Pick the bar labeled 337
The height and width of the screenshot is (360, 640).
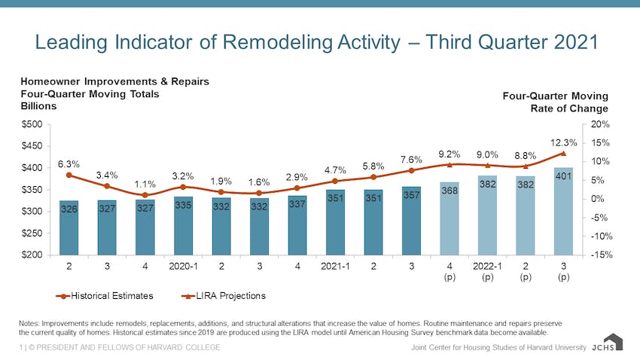[297, 225]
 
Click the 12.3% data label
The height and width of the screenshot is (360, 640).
[563, 142]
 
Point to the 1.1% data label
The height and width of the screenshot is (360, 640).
[145, 184]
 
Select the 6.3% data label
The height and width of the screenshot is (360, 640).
[69, 163]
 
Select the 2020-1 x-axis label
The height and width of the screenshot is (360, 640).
[183, 267]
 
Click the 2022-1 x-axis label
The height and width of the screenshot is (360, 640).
[487, 267]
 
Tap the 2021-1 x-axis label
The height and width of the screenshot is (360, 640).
[335, 267]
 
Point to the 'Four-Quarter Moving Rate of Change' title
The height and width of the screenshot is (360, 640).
[555, 102]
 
